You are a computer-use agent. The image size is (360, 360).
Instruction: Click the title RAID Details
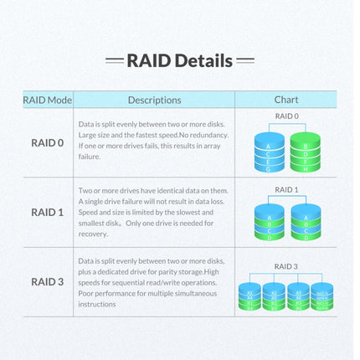[x=179, y=60]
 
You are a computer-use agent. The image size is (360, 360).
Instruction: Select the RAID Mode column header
[x=47, y=100]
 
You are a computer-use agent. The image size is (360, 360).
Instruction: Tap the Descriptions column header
[x=154, y=100]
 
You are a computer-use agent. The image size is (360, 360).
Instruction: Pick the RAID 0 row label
[x=47, y=142]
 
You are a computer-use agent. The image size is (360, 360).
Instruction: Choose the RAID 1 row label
[x=47, y=212]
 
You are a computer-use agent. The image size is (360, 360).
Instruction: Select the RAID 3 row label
[x=47, y=281]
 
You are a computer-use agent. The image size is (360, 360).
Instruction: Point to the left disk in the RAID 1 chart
[x=268, y=222]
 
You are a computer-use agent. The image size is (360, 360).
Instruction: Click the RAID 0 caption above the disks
[x=286, y=116]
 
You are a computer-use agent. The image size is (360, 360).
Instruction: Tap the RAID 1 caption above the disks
[x=286, y=190]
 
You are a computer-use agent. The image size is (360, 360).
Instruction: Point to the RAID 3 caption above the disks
[x=286, y=266]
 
